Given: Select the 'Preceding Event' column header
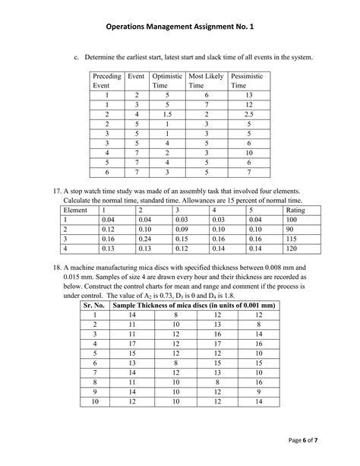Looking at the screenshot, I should tap(106, 81).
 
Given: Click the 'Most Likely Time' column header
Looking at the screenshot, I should tap(205, 81).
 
